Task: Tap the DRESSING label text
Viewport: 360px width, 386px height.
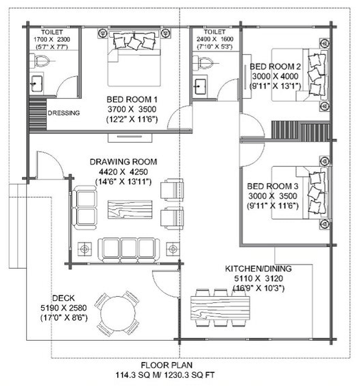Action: tap(63, 113)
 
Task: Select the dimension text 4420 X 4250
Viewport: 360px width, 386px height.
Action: tap(123, 171)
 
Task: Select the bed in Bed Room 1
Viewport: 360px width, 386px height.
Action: tap(133, 58)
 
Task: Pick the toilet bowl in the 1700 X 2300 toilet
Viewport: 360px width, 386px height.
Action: tap(39, 63)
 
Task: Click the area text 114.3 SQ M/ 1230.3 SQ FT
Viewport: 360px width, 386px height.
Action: tap(164, 376)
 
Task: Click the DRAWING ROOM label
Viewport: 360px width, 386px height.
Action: tap(123, 162)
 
